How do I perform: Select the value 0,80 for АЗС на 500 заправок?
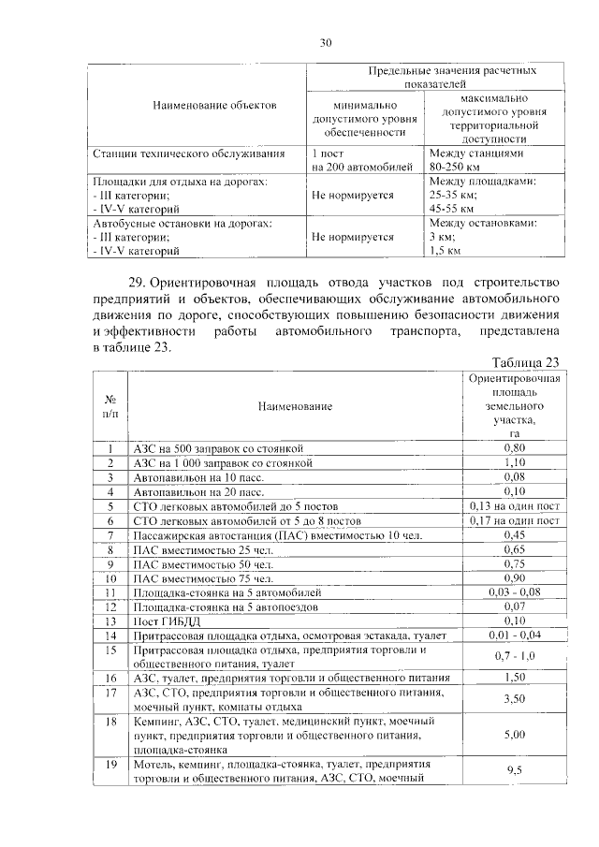[514, 448]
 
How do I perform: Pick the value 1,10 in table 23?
[514, 462]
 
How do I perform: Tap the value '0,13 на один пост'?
[514, 505]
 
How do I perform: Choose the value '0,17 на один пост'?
[514, 519]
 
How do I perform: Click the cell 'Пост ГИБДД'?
[166, 621]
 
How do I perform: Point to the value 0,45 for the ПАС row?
[514, 534]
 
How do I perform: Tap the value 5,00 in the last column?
[514, 735]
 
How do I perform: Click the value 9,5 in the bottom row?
[514, 769]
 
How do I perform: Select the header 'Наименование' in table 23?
[298, 406]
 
